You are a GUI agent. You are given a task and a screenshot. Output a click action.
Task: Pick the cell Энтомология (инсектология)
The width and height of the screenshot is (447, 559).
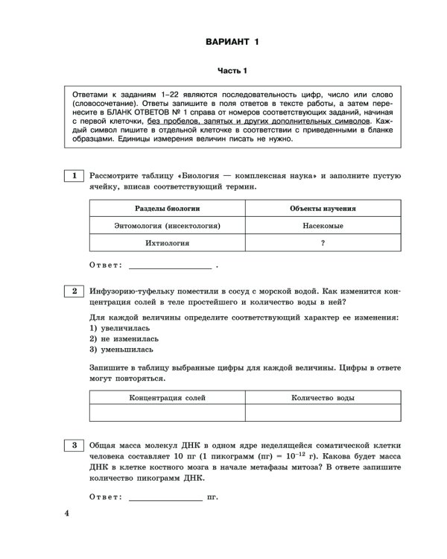click(167, 225)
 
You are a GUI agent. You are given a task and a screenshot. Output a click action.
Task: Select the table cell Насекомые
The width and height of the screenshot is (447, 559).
click(323, 225)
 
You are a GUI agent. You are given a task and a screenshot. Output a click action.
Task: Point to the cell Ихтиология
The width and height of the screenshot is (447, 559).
click(167, 243)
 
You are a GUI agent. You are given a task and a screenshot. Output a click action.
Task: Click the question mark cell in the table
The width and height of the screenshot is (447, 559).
click(323, 243)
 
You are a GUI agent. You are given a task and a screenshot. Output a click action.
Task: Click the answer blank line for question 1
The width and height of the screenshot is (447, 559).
click(170, 266)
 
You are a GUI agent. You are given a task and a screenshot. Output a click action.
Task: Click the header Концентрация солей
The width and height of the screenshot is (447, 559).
click(167, 399)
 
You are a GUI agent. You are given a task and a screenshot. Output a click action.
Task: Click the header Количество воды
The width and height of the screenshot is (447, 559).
click(323, 399)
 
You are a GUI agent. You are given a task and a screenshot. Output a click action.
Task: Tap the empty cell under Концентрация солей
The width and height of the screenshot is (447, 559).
click(167, 414)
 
